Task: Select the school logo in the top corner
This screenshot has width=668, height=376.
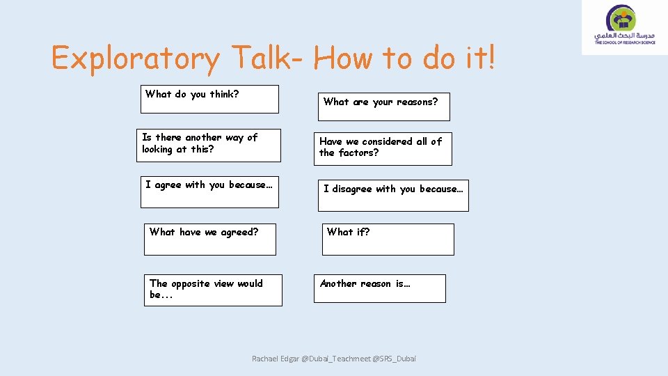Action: [625, 27]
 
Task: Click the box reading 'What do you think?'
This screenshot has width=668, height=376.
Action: [209, 99]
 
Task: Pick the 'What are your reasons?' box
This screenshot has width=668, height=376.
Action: [383, 106]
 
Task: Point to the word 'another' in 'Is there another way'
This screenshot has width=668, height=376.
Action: [203, 138]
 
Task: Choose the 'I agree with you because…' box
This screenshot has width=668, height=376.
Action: [209, 191]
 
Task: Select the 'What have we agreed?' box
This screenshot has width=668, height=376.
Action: [210, 239]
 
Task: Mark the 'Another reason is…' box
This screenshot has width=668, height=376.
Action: [379, 288]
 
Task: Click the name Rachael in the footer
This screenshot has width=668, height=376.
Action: [265, 359]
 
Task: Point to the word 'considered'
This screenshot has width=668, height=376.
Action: [387, 141]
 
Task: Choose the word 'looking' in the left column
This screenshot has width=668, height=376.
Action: [157, 149]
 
